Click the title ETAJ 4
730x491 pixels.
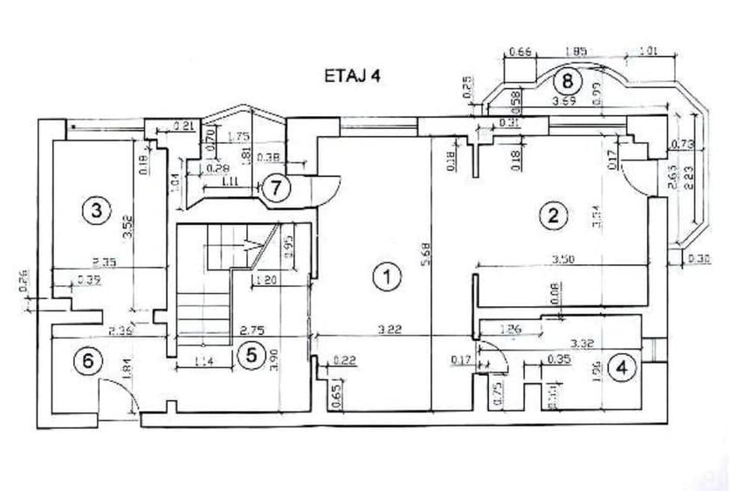tap(352, 76)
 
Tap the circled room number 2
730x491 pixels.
tap(550, 215)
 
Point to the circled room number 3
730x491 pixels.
tap(95, 209)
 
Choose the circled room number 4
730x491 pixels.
tap(621, 368)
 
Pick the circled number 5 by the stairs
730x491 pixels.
tap(251, 355)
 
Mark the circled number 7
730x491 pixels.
tap(276, 188)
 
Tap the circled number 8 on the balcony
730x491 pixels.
tap(568, 82)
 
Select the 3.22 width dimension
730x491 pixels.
tap(389, 331)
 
